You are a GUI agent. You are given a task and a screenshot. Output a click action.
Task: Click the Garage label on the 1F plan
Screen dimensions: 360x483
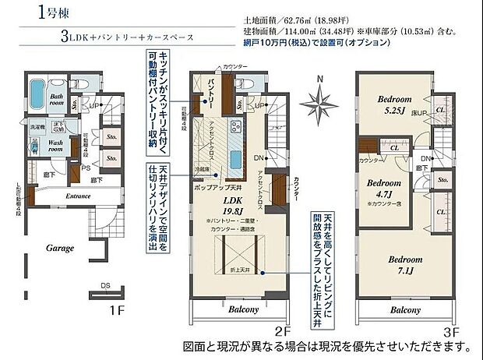[60, 247]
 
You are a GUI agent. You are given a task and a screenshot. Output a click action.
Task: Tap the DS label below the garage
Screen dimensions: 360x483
[104, 284]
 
